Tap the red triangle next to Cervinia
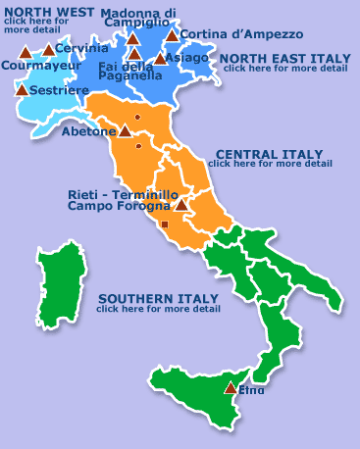click(48, 50)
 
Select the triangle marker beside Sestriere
click(23, 89)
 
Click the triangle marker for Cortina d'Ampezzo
click(172, 36)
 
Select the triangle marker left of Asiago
click(160, 59)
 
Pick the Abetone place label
click(88, 130)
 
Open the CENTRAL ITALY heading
click(269, 154)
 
